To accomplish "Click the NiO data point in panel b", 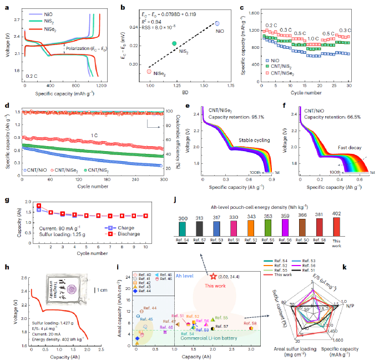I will click(x=217, y=23).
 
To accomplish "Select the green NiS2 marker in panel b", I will click(x=174, y=43).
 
